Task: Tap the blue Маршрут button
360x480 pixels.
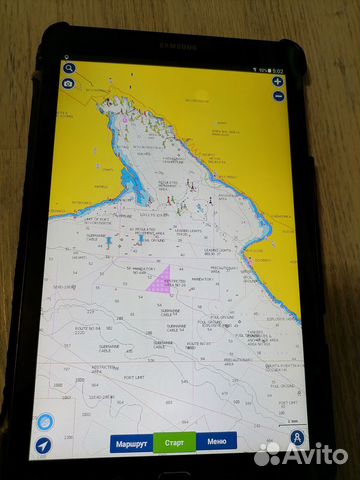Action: [x=131, y=442]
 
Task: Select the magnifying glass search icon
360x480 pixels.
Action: [x=69, y=69]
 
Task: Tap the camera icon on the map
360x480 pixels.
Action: [x=68, y=84]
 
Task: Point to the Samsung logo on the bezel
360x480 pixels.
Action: [x=180, y=45]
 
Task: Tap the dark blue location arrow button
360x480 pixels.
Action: [x=44, y=446]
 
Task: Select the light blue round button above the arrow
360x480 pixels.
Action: [x=44, y=423]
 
